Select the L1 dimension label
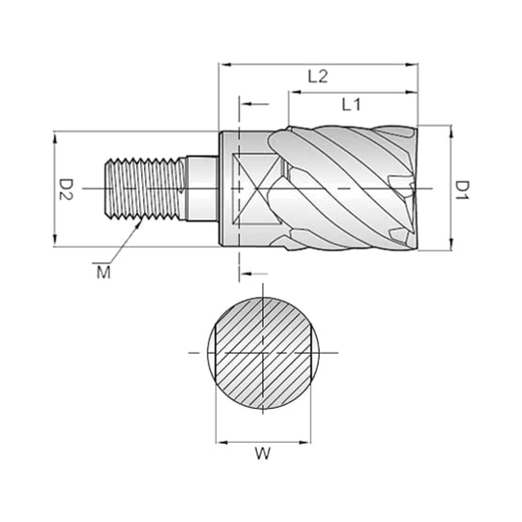point(352,104)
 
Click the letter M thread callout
point(101,274)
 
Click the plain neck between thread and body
point(201,187)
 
